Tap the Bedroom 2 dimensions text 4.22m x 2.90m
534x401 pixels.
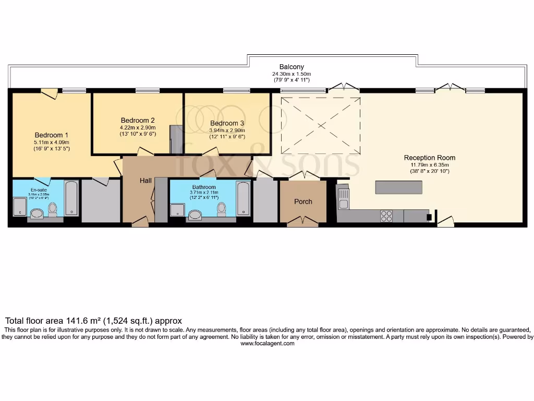coord(138,127)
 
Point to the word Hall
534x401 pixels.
coord(145,181)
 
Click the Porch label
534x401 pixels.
coord(303,202)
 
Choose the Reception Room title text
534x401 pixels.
coord(429,158)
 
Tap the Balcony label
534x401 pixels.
coord(292,67)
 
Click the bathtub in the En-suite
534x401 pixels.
coord(71,198)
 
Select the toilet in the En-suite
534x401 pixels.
coord(52,209)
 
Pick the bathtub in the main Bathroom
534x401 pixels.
coord(243,198)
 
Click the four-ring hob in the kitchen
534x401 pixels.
coord(386,216)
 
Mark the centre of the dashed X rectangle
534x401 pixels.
coord(321,125)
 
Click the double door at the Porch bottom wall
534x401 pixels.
coord(303,223)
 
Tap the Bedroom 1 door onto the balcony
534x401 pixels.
coord(50,93)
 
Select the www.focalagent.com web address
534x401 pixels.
coord(268,344)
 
